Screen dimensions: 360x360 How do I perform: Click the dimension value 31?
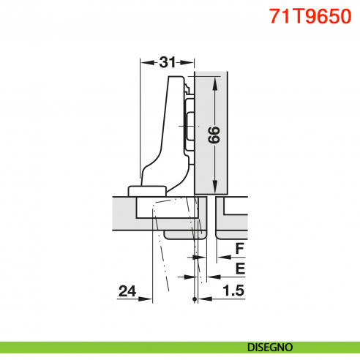pyautogui.click(x=167, y=62)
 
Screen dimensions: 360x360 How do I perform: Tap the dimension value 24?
pyautogui.click(x=127, y=291)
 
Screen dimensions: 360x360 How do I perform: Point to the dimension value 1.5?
pyautogui.click(x=233, y=291)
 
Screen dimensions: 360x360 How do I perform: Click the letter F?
pyautogui.click(x=239, y=249)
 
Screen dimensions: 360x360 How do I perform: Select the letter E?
pyautogui.click(x=239, y=269)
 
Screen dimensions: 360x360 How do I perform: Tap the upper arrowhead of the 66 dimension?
pyautogui.click(x=215, y=80)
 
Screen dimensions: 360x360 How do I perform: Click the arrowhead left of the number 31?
pyautogui.click(x=143, y=62)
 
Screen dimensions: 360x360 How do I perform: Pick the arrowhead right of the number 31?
pyautogui.click(x=191, y=62)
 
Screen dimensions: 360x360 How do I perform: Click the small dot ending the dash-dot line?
pyautogui.click(x=194, y=300)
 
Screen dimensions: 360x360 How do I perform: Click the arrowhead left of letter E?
pyautogui.click(x=211, y=277)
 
